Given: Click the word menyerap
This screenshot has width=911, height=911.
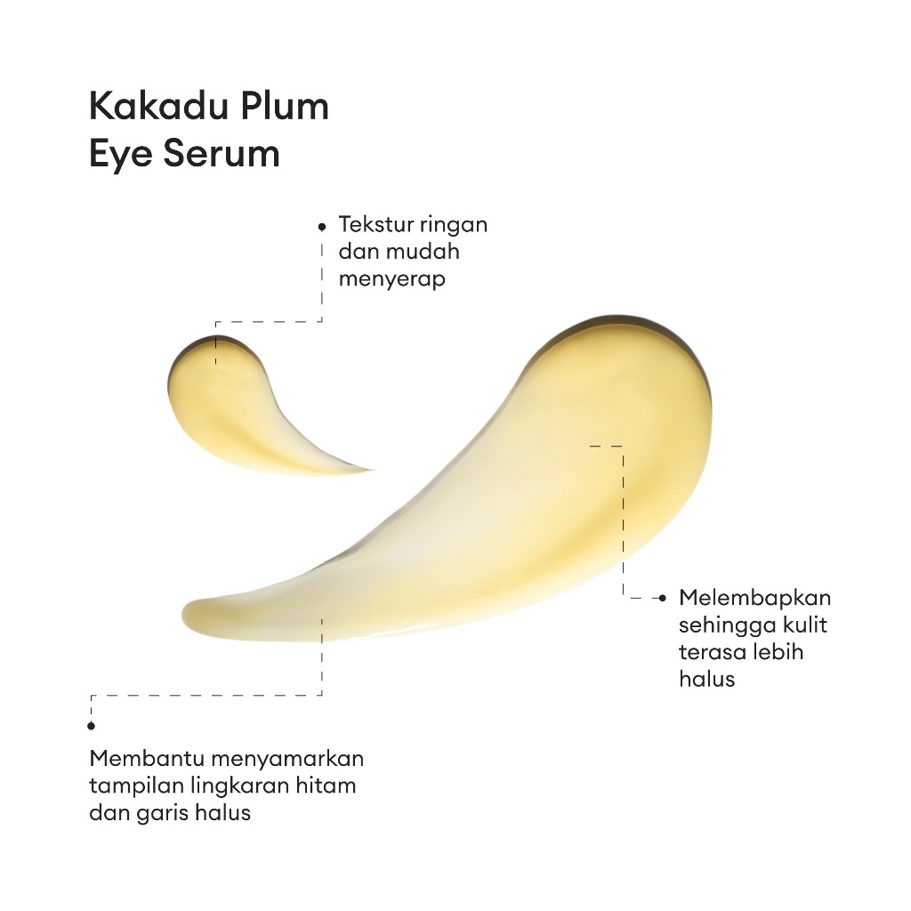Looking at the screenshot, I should [391, 278].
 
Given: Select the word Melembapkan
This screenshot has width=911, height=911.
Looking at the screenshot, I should [754, 597].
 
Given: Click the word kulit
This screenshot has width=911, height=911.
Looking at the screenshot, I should [804, 625].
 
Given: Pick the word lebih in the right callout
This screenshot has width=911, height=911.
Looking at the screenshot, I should [779, 651].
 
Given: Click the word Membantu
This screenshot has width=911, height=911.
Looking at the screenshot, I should [147, 760].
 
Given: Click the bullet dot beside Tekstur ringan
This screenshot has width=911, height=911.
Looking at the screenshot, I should [321, 227].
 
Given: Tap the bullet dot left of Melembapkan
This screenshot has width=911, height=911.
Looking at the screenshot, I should [661, 599].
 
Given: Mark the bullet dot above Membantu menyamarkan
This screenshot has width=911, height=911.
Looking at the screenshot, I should [91, 726].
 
